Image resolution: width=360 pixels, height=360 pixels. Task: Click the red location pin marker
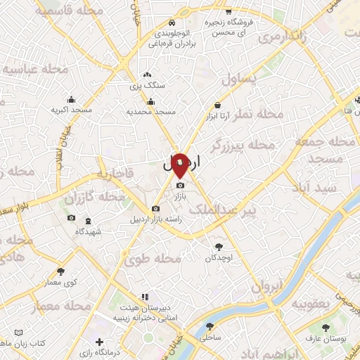180,166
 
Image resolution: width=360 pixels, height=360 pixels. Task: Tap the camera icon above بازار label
179,186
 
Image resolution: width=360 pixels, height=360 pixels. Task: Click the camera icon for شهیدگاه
71,218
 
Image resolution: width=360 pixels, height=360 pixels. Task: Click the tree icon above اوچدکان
219,246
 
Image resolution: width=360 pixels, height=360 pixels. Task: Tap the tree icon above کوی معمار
60,271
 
